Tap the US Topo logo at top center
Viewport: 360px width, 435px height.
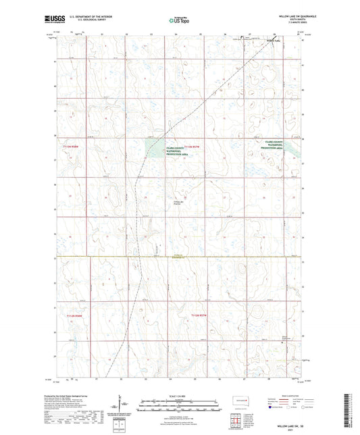177,21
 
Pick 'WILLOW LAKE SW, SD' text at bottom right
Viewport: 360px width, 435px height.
286,427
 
